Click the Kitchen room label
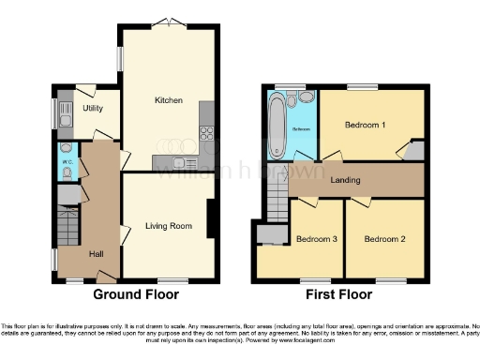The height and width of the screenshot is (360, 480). point(169,100)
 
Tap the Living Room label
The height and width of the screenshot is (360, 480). point(168,225)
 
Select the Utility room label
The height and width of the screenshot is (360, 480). point(93,109)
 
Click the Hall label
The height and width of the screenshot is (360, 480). point(96,254)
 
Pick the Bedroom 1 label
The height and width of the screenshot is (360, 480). point(365,125)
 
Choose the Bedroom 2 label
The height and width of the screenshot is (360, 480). point(384,239)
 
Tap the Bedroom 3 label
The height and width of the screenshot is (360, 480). point(316,239)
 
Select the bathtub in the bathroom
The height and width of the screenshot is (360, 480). point(278,123)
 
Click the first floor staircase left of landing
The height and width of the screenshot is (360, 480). point(277,201)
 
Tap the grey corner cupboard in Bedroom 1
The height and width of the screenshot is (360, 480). point(413,151)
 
